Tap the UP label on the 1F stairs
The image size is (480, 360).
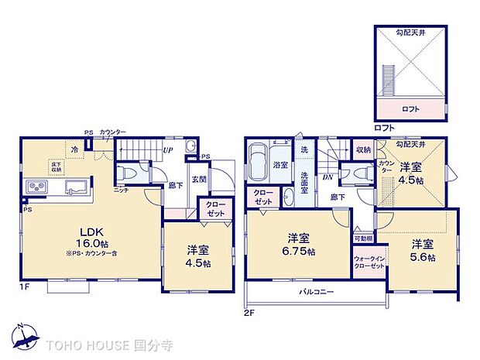coord(166,149)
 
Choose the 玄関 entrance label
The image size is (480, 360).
coord(199,180)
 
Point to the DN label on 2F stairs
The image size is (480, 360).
coord(328,177)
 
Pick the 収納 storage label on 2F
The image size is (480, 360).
coord(364,149)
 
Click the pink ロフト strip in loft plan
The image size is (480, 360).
coord(410,109)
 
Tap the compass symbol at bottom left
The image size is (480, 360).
coord(26,335)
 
